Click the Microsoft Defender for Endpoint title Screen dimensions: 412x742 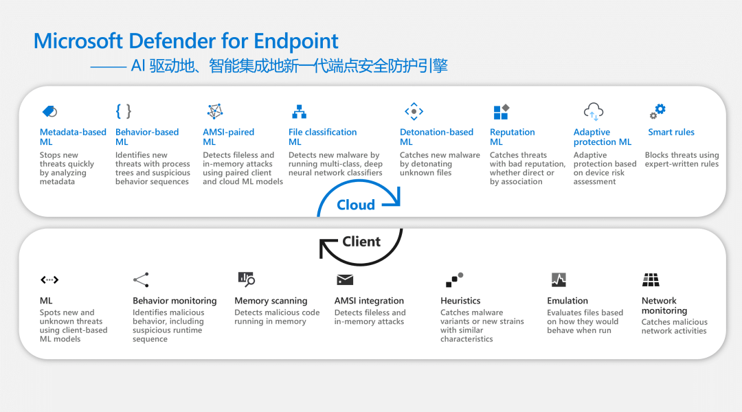pos(185,41)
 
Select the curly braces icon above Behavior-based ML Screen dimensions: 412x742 pos(123,111)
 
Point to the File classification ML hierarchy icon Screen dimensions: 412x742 pos(299,111)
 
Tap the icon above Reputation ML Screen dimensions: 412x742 pos(501,111)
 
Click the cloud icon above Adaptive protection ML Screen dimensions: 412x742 pos(593,111)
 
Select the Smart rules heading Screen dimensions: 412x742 pos(671,132)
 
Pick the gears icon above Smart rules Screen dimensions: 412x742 pos(658,111)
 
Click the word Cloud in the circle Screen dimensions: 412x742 pos(356,205)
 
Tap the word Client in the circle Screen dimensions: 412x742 pos(361,241)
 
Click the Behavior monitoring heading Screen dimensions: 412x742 pos(175,301)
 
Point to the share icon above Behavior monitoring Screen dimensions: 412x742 pos(141,279)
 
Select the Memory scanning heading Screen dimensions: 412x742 pos(271,301)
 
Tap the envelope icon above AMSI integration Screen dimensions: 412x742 pos(344,279)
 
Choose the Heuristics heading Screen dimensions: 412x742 pos(460,301)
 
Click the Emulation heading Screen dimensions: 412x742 pos(567,301)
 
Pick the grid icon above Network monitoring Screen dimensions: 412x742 pos(651,279)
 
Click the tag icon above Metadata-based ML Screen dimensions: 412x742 pos(49,111)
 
